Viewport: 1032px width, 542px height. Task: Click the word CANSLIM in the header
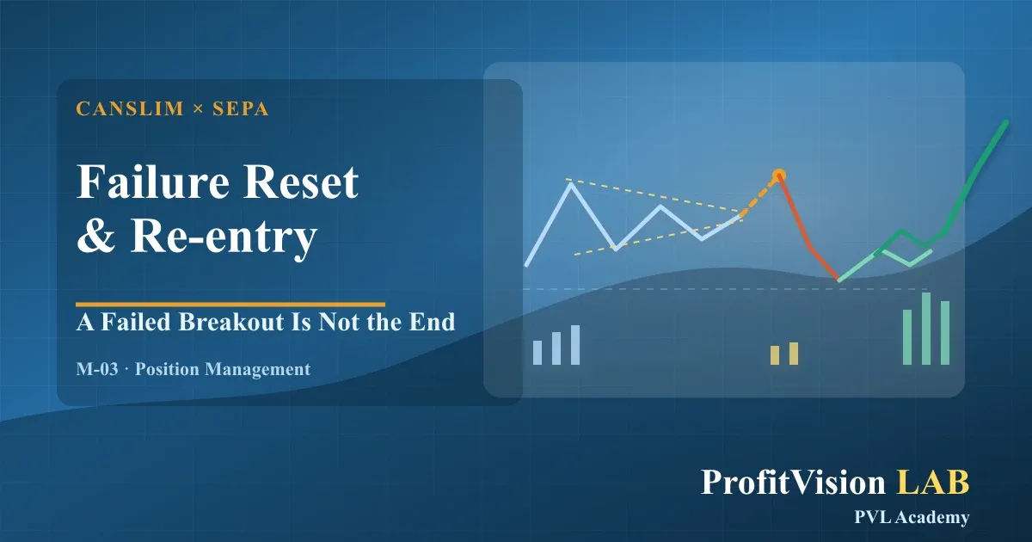pos(130,108)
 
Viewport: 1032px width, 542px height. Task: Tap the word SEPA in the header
pos(241,108)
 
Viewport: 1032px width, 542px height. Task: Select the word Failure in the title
pos(153,182)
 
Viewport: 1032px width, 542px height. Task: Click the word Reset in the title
pos(301,182)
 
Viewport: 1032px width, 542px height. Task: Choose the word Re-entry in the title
pos(224,238)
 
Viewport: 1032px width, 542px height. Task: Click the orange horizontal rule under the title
pos(230,305)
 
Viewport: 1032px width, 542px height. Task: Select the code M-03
pos(97,369)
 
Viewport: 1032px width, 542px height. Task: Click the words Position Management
pos(223,370)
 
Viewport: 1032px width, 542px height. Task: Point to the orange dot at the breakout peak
pos(778,176)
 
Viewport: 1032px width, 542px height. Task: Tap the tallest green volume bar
pos(926,329)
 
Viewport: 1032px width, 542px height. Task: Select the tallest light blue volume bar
pos(575,345)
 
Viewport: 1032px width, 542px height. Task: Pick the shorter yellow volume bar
pos(775,355)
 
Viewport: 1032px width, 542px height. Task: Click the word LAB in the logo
pos(932,482)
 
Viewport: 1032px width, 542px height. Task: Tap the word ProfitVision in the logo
pos(793,482)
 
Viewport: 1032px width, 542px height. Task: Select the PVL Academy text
pos(912,517)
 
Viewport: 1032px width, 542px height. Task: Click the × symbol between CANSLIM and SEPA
pos(198,109)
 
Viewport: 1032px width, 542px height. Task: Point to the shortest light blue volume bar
pos(537,353)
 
